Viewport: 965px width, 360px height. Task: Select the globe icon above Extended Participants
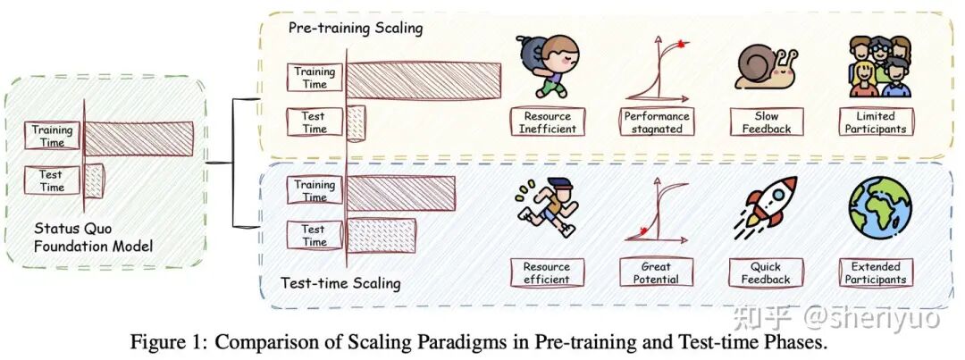880,206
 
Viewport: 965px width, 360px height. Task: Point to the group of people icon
880,66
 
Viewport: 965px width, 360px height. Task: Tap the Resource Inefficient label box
547,121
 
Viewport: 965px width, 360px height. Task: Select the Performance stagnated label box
657,121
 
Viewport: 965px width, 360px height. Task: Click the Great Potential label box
656,272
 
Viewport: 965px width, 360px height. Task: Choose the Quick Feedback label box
766,272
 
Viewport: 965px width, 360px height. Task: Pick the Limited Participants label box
876,121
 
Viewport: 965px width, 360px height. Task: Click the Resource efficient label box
547,272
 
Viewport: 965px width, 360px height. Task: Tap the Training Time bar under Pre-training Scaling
424,80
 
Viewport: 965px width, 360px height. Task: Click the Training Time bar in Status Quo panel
139,138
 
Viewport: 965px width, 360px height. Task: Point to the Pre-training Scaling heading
356,29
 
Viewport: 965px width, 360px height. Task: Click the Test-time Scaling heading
340,284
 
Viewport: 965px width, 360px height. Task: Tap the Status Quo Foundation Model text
94,238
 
